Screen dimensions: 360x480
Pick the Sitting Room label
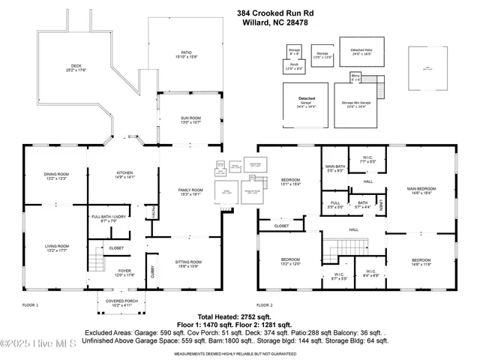188,262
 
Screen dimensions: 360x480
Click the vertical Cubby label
152,274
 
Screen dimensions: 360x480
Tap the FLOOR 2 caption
264,305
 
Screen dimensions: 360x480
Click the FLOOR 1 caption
30,305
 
